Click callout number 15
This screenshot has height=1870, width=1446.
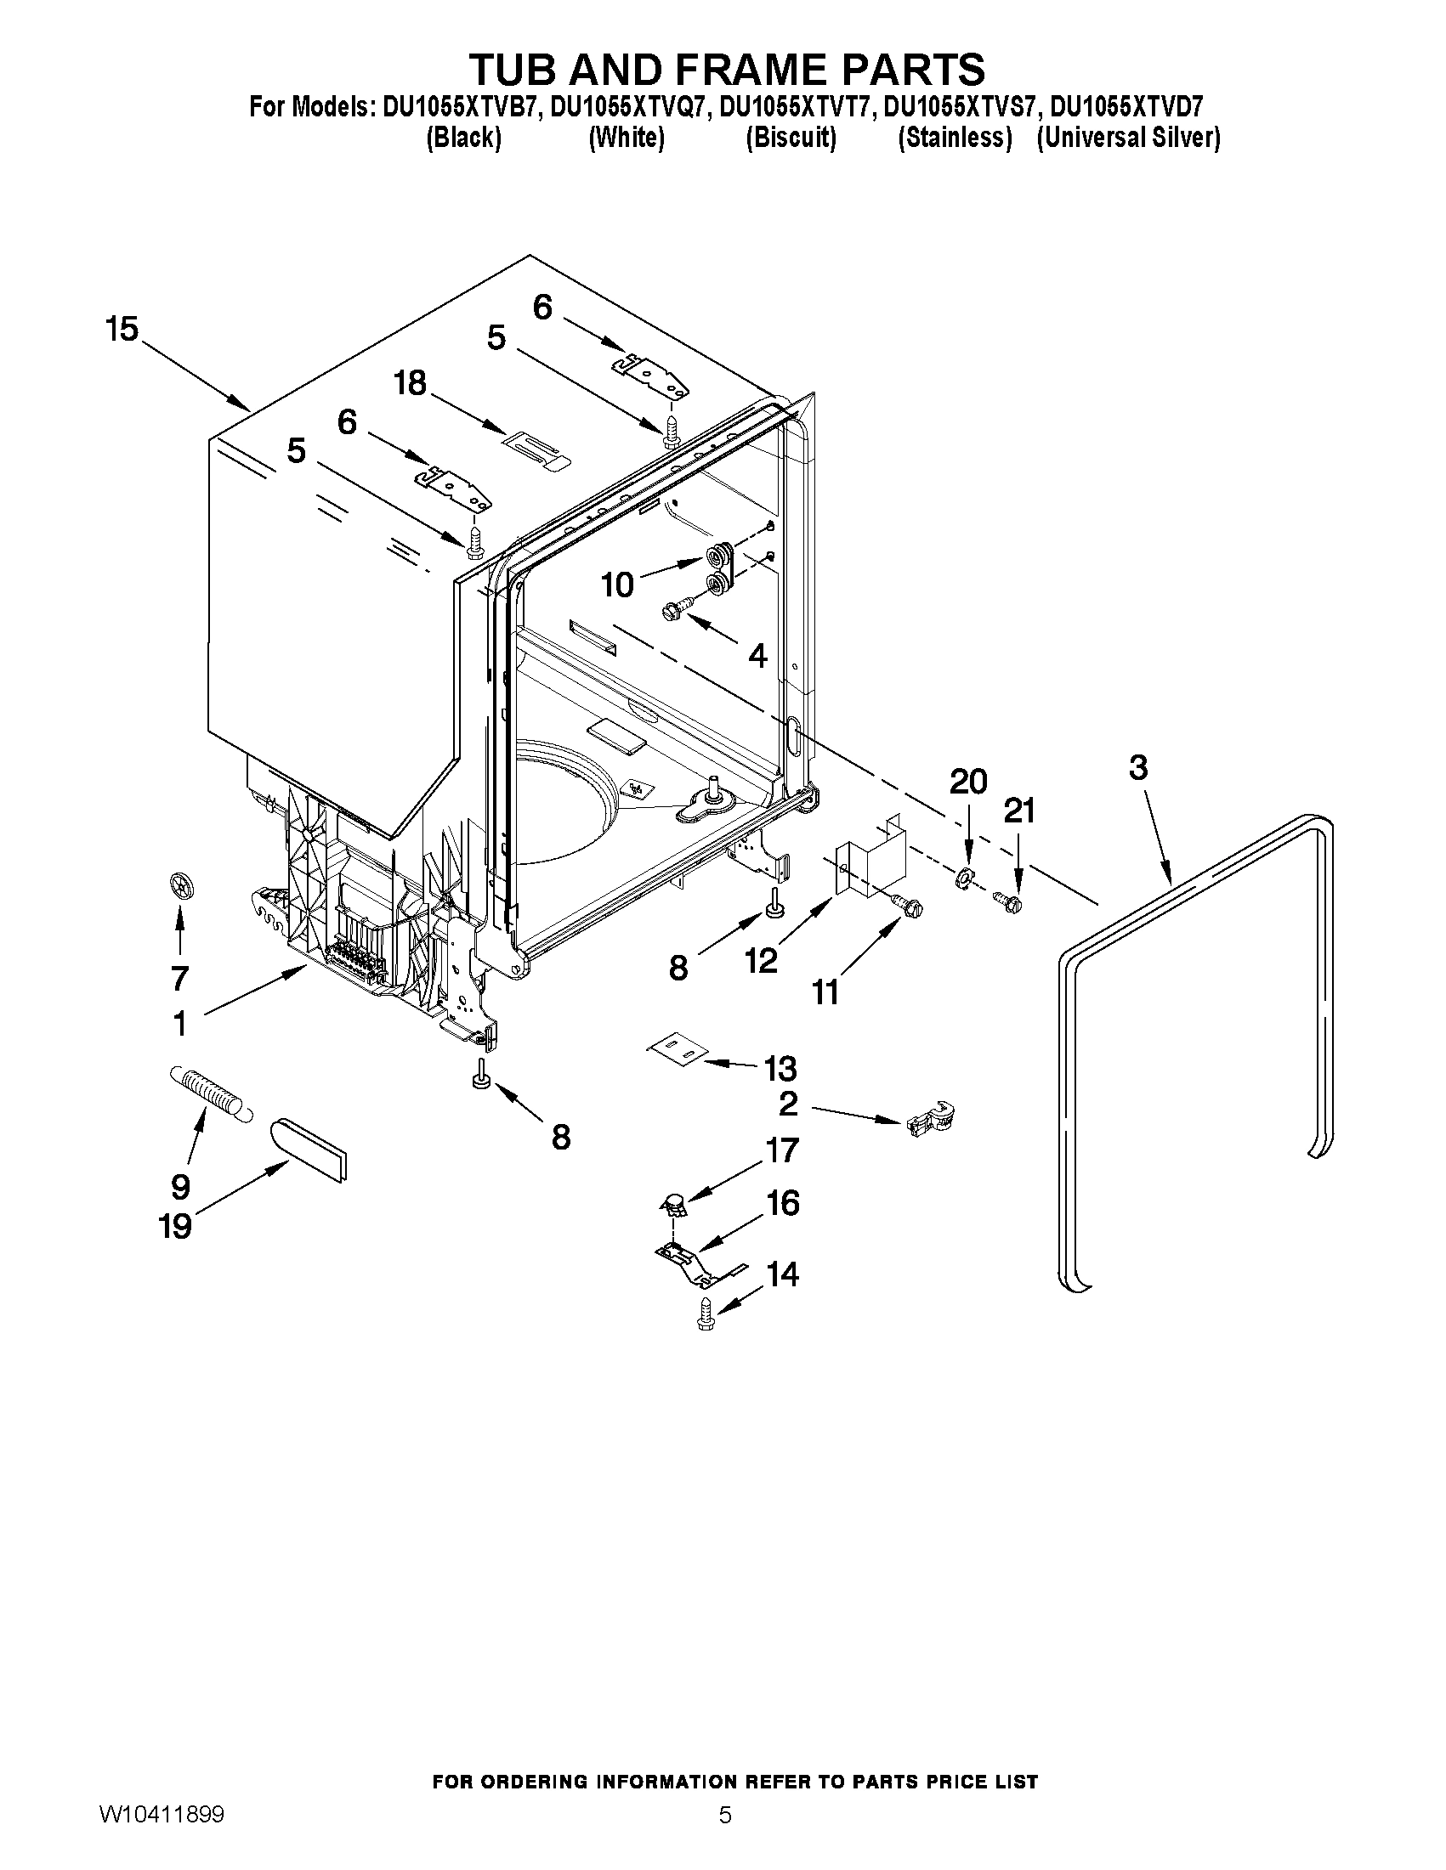pyautogui.click(x=122, y=330)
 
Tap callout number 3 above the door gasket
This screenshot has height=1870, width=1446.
pyautogui.click(x=1137, y=768)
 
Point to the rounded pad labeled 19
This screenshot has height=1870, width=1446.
pyautogui.click(x=309, y=1149)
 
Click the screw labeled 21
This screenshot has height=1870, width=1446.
pyautogui.click(x=1009, y=901)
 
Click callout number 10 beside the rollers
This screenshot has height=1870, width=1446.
pyautogui.click(x=617, y=585)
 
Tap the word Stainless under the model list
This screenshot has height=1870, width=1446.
pyautogui.click(x=955, y=138)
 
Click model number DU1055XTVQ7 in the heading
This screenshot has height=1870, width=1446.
pyautogui.click(x=627, y=107)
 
